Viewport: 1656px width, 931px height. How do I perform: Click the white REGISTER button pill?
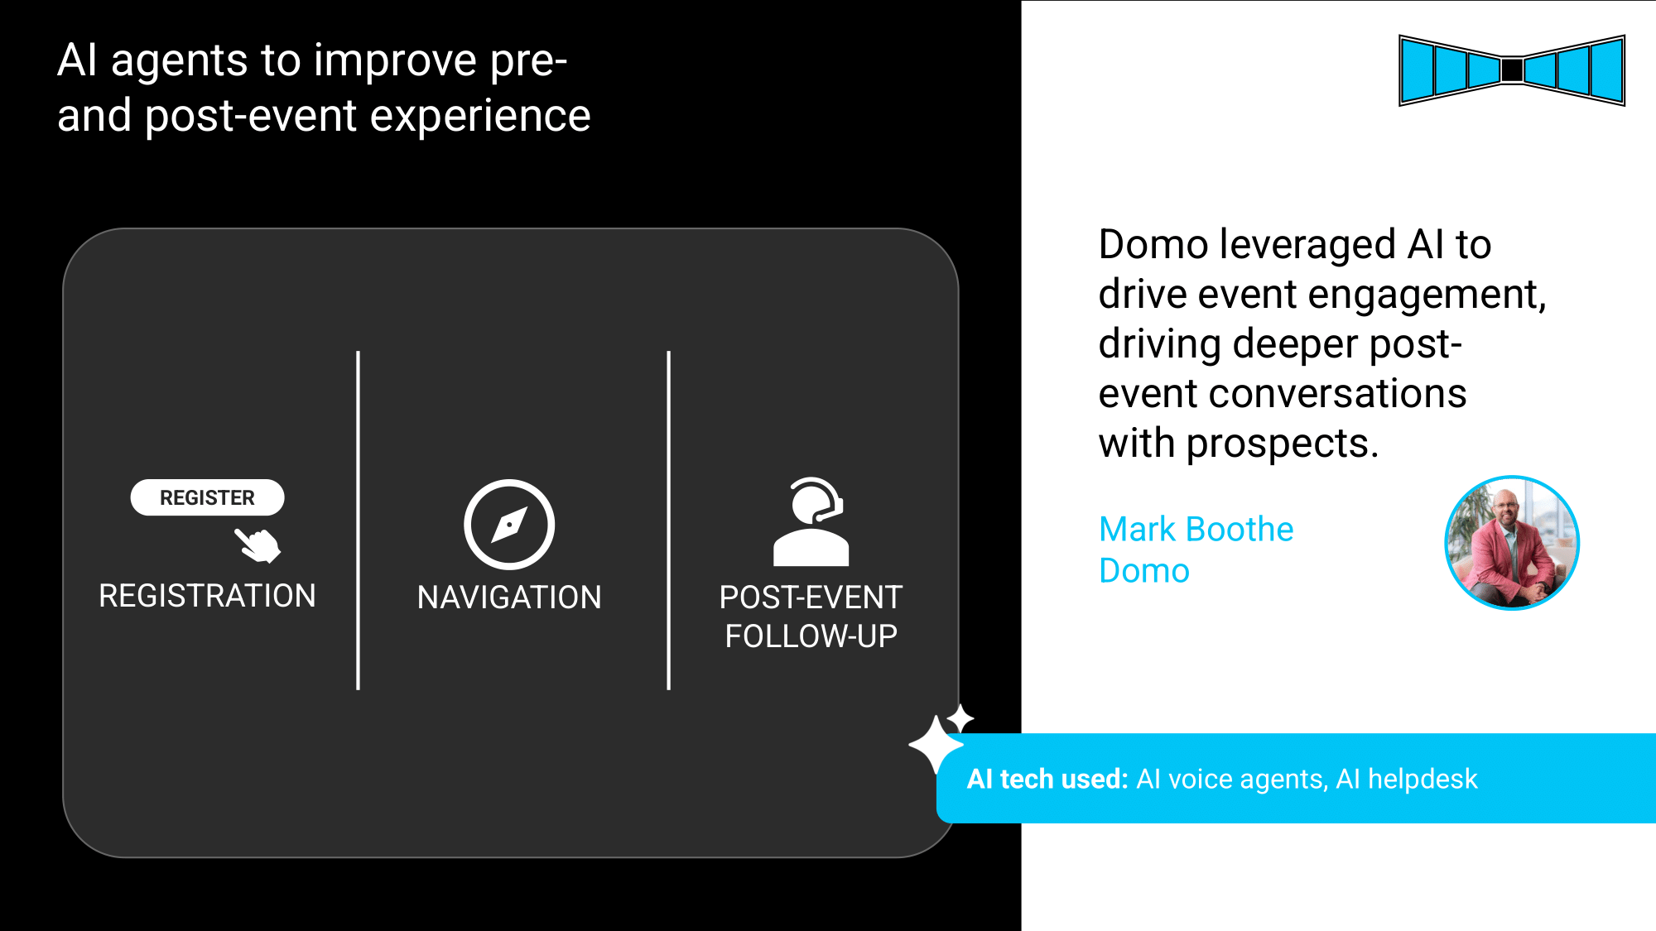tap(207, 497)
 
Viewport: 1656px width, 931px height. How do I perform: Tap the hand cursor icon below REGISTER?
tap(258, 545)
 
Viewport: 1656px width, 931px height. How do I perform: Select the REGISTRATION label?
tap(207, 596)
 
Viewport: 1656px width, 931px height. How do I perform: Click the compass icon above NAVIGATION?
tap(509, 525)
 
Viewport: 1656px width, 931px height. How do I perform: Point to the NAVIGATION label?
tap(509, 597)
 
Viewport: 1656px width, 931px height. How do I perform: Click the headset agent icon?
tap(811, 522)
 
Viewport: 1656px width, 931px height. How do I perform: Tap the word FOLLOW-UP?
tap(811, 636)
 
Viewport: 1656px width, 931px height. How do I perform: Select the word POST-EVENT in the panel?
tap(811, 597)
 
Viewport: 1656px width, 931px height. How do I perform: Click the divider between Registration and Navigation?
tap(358, 521)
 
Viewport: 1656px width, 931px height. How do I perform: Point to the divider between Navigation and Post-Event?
tap(668, 521)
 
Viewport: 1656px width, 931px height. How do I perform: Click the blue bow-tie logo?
tap(1512, 70)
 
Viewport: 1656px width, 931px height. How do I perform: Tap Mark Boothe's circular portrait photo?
tap(1512, 543)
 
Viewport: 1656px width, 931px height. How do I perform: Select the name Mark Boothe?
tap(1196, 529)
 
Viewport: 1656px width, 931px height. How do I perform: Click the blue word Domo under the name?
tap(1144, 571)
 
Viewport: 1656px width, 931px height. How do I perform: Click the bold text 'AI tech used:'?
tap(1047, 779)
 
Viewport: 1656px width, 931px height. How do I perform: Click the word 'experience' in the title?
tap(480, 116)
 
